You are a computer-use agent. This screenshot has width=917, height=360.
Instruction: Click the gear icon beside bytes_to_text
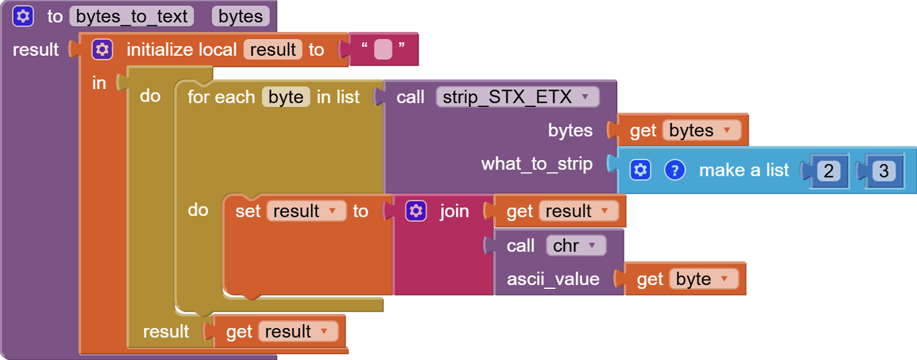[x=23, y=16]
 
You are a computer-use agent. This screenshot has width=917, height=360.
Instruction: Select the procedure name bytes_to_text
[x=132, y=16]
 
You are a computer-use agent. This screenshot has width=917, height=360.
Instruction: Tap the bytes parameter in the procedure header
[x=241, y=16]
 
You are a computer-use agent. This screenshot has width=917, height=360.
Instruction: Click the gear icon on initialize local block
[x=102, y=50]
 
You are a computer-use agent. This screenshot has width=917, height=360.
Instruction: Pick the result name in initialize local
[x=273, y=50]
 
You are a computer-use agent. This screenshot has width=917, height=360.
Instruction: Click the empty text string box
[x=383, y=50]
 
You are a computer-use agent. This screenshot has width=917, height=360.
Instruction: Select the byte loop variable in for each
[x=286, y=97]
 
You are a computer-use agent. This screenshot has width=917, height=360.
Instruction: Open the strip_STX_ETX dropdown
[x=585, y=97]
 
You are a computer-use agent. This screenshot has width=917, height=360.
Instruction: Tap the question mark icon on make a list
[x=674, y=170]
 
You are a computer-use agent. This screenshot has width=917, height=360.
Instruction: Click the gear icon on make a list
[x=640, y=170]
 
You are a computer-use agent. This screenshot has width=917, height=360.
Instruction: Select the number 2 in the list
[x=828, y=171]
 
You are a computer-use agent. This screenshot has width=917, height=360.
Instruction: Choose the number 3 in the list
[x=883, y=171]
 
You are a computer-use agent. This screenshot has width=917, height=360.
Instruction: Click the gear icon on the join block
[x=416, y=211]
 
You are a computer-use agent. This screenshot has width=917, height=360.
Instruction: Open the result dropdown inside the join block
[x=604, y=211]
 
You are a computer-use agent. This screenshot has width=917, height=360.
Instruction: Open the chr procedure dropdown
[x=592, y=246]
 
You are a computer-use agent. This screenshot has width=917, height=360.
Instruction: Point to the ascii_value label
[x=553, y=279]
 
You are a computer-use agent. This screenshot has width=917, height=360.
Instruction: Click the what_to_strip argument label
[x=537, y=163]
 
